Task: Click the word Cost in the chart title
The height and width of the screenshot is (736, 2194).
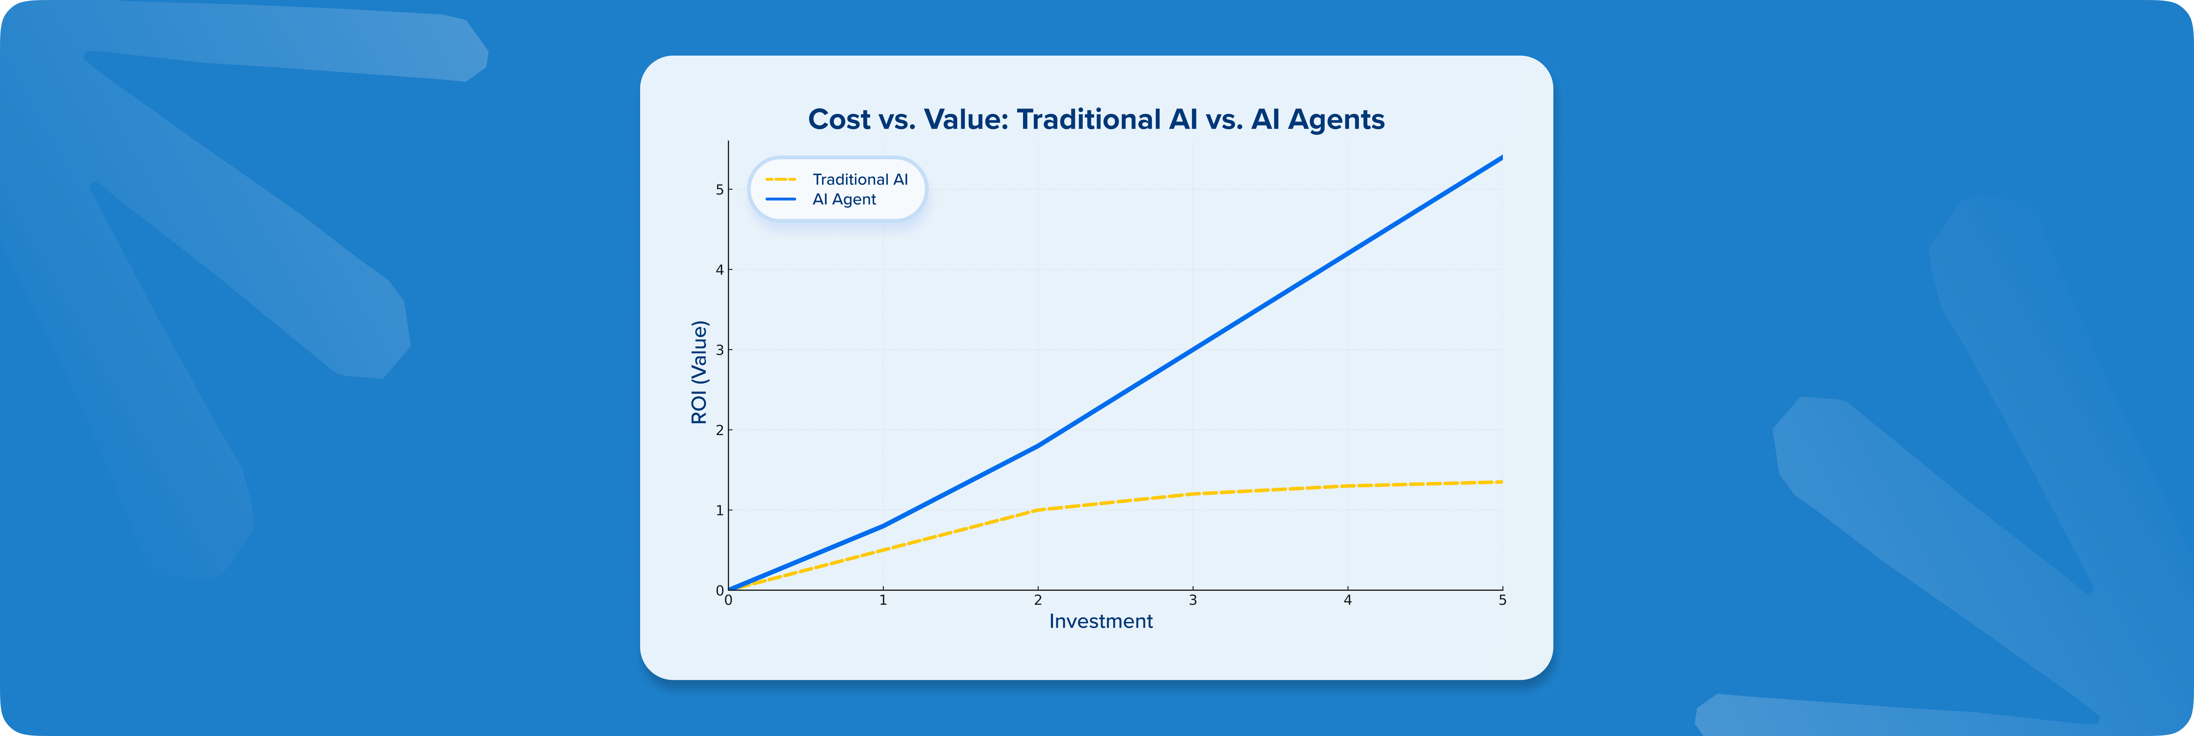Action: pos(839,119)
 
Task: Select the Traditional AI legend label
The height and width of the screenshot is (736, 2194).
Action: pos(860,179)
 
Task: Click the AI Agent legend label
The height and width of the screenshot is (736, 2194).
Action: pos(844,199)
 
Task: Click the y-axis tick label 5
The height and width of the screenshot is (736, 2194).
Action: pos(720,189)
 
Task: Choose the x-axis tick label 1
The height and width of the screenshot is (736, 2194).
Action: pos(883,600)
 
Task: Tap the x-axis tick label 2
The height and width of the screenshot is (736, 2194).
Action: pos(1038,600)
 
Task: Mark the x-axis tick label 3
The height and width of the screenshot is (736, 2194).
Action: pos(1193,600)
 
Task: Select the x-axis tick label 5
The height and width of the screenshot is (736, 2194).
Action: pos(1502,600)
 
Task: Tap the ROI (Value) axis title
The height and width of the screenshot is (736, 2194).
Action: pos(699,372)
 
